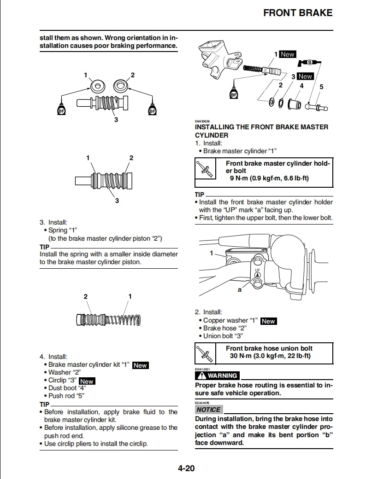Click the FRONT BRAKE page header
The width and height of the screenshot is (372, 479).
297,12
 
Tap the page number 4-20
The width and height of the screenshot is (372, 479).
186,468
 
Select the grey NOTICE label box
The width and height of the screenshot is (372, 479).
209,409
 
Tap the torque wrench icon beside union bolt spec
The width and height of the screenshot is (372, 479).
205,352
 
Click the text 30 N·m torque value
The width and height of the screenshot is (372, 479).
240,356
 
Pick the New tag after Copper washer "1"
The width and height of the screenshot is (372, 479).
268,321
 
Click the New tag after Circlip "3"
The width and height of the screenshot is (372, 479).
87,381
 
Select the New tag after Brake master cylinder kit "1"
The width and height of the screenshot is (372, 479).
140,365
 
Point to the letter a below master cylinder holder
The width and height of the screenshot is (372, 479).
240,290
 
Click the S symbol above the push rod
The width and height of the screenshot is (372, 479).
310,62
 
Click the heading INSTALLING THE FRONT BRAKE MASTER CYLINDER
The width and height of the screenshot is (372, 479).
261,131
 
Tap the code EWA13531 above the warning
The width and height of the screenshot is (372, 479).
203,369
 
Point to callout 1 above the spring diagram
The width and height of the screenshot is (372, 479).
130,296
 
